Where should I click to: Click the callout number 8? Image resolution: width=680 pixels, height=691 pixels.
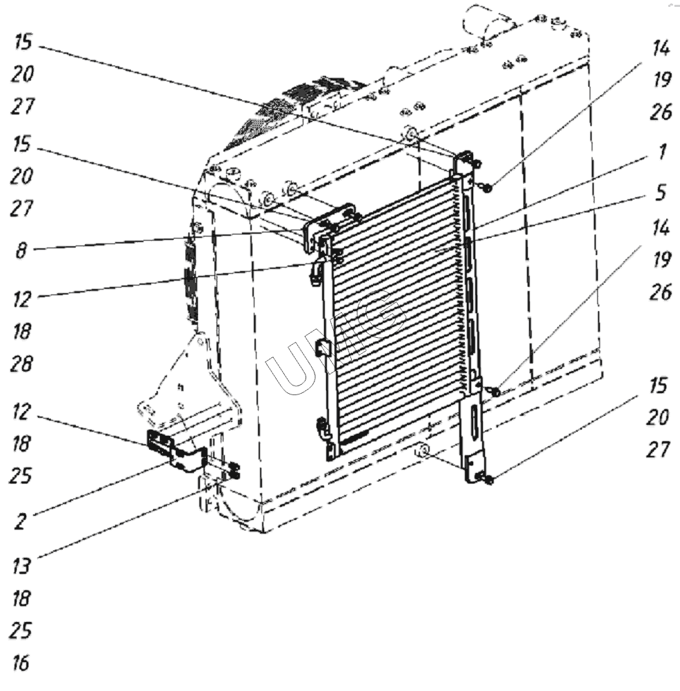tap(21, 251)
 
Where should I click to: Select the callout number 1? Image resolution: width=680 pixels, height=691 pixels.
tap(662, 152)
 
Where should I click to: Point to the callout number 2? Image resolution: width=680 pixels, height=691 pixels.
tap(20, 522)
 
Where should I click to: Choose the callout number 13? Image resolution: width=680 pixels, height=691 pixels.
tap(21, 566)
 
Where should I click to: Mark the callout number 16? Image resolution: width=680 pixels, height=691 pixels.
tap(20, 663)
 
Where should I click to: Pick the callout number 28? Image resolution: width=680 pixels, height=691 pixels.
tap(21, 364)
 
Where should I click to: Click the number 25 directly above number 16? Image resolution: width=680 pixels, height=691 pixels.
tap(21, 631)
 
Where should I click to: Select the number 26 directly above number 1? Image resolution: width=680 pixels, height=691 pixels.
tap(661, 112)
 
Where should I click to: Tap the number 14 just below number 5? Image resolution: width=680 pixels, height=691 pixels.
tap(661, 228)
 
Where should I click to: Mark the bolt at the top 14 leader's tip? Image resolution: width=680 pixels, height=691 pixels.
tap(487, 188)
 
